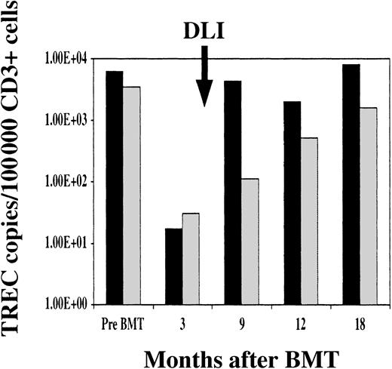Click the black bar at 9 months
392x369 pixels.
point(232,192)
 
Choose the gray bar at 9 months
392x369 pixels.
point(250,241)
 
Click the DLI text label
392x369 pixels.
point(204,30)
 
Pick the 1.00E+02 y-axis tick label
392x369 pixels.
point(69,182)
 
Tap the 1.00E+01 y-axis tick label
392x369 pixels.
point(69,243)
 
